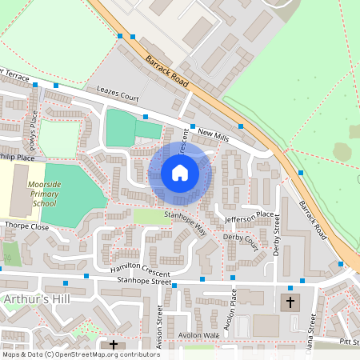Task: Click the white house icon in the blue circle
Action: [x=180, y=173]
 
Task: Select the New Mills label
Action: [x=214, y=138]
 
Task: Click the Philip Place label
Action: [x=18, y=158]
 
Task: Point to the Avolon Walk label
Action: [x=199, y=335]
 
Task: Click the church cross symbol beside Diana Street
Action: [x=290, y=302]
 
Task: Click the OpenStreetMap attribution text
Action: [x=80, y=354]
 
